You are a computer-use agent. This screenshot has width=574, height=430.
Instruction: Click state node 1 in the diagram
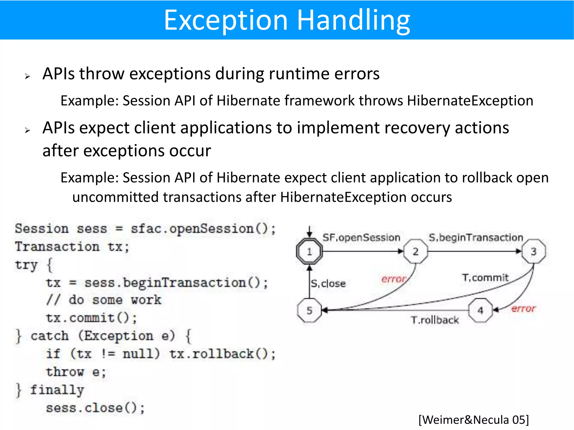coord(309,251)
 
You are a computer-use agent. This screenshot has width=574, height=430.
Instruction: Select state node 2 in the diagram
coord(416,251)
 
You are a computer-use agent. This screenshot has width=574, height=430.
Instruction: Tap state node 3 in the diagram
coord(534,251)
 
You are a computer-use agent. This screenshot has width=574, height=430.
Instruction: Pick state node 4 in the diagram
coord(480,310)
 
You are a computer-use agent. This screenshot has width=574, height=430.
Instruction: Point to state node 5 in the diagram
coord(309,310)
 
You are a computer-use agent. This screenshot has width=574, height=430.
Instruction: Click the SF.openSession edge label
coord(361,238)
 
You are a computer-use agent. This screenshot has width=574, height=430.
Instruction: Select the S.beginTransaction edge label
coord(476,238)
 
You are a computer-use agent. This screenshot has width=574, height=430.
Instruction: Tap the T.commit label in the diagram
coord(485,278)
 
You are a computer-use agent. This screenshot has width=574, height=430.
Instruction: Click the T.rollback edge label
coord(435,320)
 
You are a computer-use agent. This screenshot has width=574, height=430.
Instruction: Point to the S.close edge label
coord(328,284)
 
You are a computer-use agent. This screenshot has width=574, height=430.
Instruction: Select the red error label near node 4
coord(523,309)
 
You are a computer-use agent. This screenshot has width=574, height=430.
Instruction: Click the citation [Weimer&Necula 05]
coord(474,420)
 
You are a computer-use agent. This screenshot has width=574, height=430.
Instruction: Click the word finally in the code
coord(57,390)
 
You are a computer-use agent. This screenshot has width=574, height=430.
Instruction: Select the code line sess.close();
coord(95,408)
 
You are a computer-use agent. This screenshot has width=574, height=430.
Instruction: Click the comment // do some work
coord(104,300)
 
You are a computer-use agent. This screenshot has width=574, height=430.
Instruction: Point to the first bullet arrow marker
coord(27,76)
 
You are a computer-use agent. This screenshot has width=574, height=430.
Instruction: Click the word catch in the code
coord(50,336)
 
